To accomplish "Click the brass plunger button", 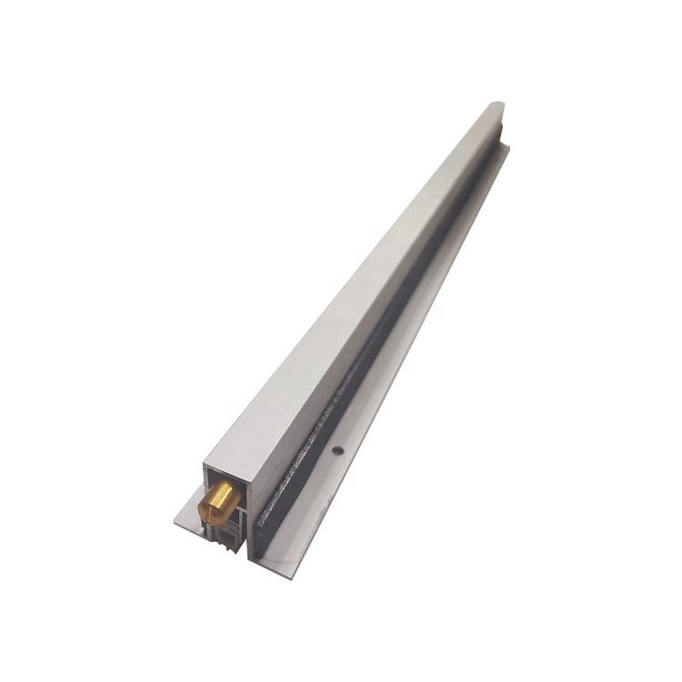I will pos(217,502).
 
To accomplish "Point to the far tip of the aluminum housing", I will pos(497,105).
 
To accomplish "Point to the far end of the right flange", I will pos(506,145).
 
